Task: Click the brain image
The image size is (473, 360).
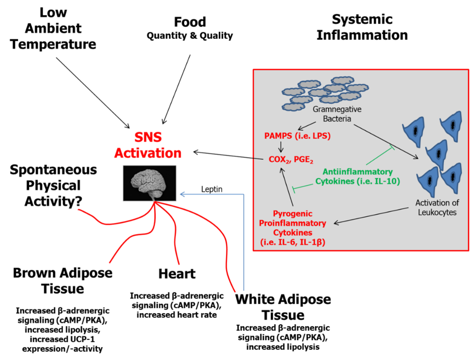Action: [x=149, y=183]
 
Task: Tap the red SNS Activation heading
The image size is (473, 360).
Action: [x=147, y=145]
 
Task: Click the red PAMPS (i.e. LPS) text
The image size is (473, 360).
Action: [x=297, y=136]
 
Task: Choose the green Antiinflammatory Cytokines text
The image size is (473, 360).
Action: [x=358, y=176]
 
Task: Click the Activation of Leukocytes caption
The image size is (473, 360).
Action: [x=436, y=207]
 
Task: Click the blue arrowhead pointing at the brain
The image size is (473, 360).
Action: [x=183, y=194]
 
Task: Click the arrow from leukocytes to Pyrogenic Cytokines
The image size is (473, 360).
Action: [x=371, y=215]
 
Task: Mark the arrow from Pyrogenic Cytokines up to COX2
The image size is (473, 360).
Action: [x=287, y=187]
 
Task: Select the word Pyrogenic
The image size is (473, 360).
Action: [x=293, y=214]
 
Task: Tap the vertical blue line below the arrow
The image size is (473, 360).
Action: [x=244, y=245]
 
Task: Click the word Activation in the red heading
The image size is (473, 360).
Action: [x=147, y=153]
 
